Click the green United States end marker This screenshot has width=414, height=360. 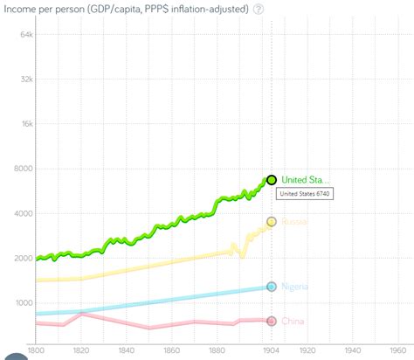coord(272,179)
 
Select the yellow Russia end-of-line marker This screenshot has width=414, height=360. coord(272,222)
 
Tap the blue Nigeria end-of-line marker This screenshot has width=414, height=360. coord(272,287)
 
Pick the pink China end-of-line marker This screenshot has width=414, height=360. coord(272,322)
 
